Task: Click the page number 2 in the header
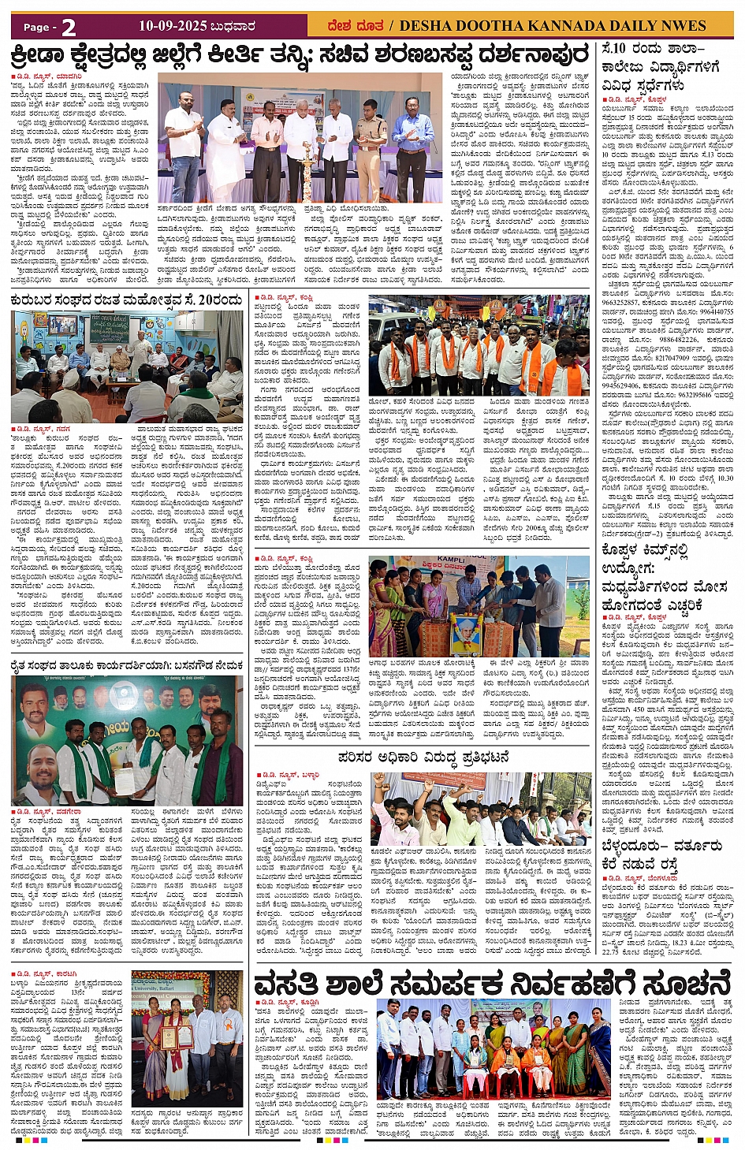point(69,27)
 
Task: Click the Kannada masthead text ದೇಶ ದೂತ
point(356,26)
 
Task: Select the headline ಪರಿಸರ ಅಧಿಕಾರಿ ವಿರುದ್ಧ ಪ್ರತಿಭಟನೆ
point(423,757)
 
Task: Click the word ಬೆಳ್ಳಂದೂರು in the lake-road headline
point(631,845)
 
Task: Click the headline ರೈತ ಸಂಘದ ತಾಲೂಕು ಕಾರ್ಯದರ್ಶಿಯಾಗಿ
point(126,665)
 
